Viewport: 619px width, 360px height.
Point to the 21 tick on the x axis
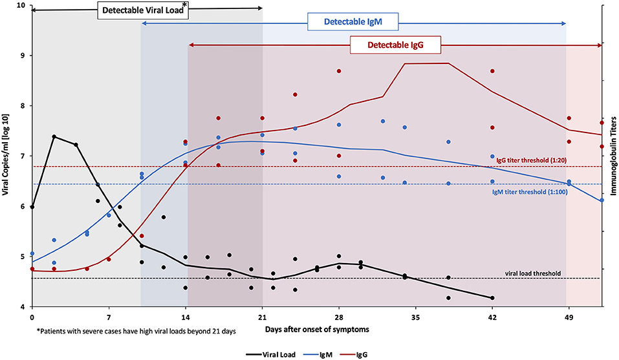[262, 317]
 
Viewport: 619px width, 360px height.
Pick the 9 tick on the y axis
[23, 56]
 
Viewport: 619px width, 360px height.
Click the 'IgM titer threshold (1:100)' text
[528, 192]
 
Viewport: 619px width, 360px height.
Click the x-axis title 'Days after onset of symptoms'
[316, 330]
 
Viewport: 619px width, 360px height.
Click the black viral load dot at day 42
[493, 298]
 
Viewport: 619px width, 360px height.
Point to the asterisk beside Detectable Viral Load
[186, 5]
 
